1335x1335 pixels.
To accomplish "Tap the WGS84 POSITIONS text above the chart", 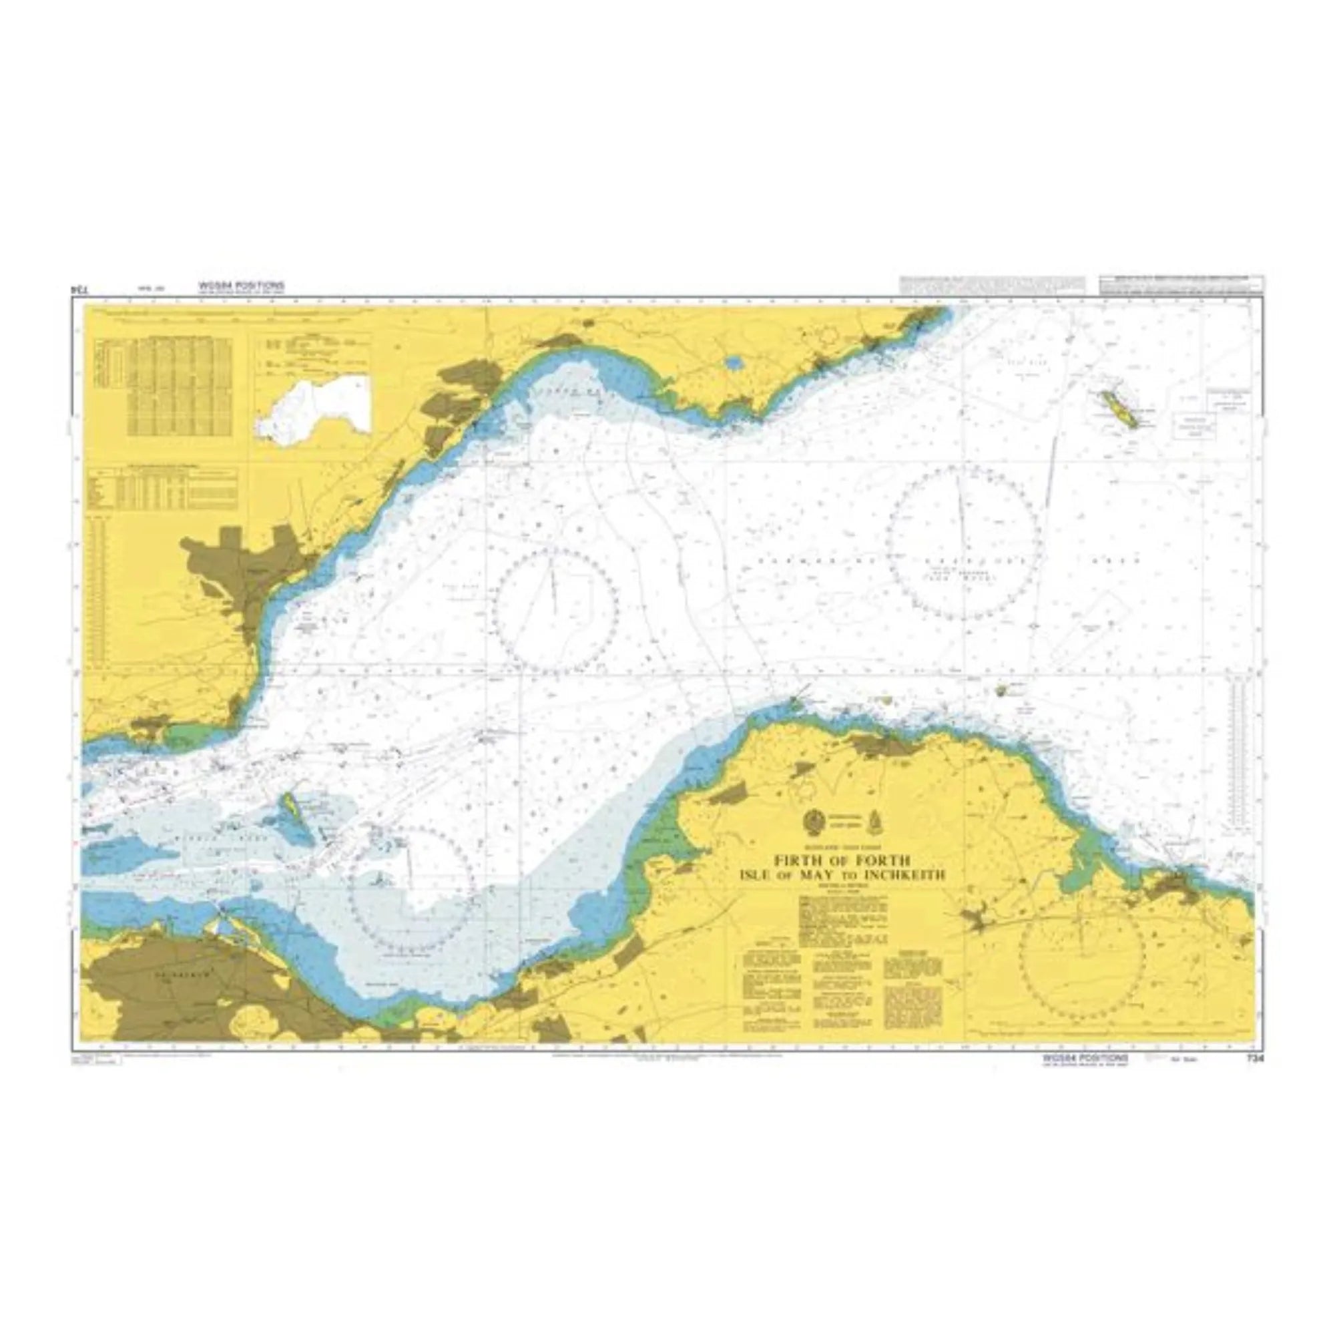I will [240, 285].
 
